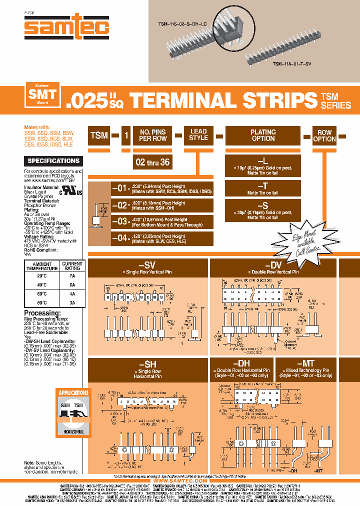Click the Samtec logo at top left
(66, 28)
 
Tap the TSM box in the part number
(99, 135)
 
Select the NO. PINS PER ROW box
(152, 135)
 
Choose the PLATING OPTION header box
(263, 135)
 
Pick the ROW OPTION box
(324, 136)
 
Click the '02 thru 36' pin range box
(152, 162)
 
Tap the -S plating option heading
(263, 205)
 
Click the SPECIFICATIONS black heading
(53, 161)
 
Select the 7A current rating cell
(72, 275)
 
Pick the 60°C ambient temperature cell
(42, 293)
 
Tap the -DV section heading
(274, 265)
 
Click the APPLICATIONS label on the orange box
(73, 393)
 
